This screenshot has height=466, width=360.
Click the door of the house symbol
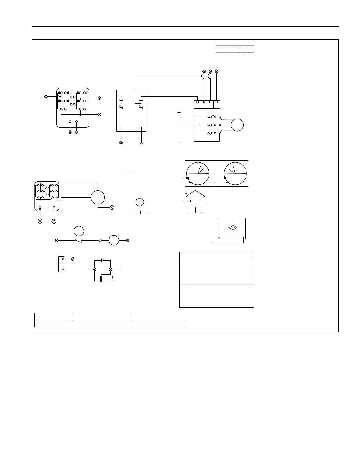(x=198, y=210)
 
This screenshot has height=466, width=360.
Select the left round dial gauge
(x=198, y=174)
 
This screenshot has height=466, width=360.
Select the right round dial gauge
(x=235, y=174)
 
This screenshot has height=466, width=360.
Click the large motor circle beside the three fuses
(x=237, y=125)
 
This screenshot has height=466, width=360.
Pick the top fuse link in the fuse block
(x=212, y=117)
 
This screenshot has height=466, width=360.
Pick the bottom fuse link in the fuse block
(x=212, y=133)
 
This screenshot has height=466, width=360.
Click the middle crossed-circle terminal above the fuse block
(x=210, y=71)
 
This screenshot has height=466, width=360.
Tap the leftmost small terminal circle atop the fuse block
(x=198, y=102)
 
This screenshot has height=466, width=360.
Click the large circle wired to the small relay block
(x=98, y=197)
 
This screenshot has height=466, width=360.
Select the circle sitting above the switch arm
(x=79, y=231)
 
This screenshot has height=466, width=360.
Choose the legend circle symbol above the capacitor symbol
(x=140, y=202)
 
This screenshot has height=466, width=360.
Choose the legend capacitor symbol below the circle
(x=140, y=212)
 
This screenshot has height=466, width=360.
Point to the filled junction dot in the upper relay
(x=80, y=114)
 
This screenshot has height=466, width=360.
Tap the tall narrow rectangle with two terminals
(x=61, y=264)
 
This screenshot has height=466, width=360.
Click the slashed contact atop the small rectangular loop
(x=102, y=260)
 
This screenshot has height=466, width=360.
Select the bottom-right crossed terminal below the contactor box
(x=141, y=143)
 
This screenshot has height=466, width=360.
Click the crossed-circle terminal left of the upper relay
(x=46, y=96)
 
